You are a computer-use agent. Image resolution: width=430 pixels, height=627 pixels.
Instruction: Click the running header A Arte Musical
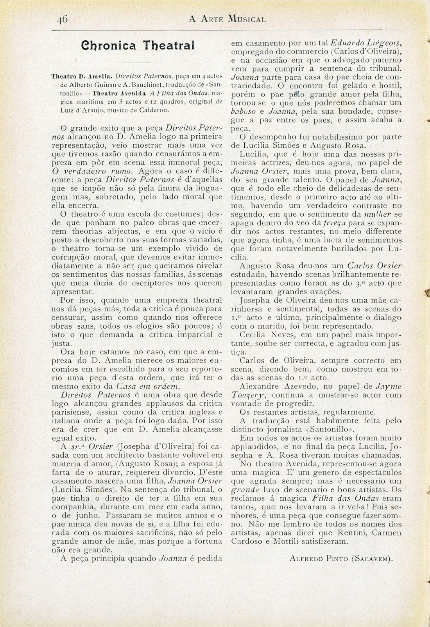point(228,18)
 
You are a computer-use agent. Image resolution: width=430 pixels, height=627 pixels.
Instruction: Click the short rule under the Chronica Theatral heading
point(137,63)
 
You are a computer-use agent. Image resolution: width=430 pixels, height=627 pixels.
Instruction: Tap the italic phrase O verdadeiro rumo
point(93,170)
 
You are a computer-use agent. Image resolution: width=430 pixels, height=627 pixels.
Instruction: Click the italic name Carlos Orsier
point(368,265)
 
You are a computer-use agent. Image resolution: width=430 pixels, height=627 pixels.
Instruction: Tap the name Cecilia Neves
point(267,335)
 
